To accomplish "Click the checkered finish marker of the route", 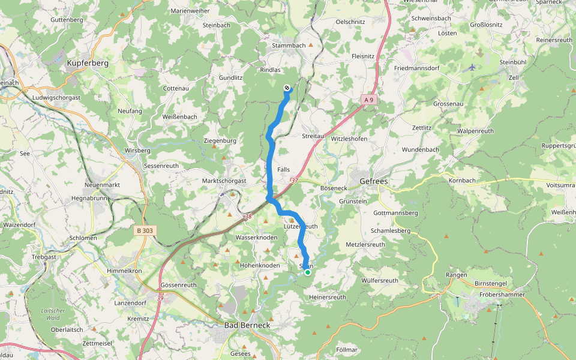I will tap(287, 88).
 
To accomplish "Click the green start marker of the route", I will tap(308, 272).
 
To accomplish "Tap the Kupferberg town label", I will tap(88, 63).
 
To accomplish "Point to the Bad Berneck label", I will tap(247, 325).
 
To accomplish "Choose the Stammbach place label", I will tap(289, 46).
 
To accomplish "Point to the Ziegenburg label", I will tap(220, 141).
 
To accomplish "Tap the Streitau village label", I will tap(313, 136).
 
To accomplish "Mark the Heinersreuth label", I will tap(328, 297).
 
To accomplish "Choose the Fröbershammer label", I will tap(503, 295).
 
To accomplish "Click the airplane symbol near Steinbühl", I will tap(472, 67).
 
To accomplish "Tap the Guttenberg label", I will tap(67, 20).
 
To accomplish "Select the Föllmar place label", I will tap(347, 349).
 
